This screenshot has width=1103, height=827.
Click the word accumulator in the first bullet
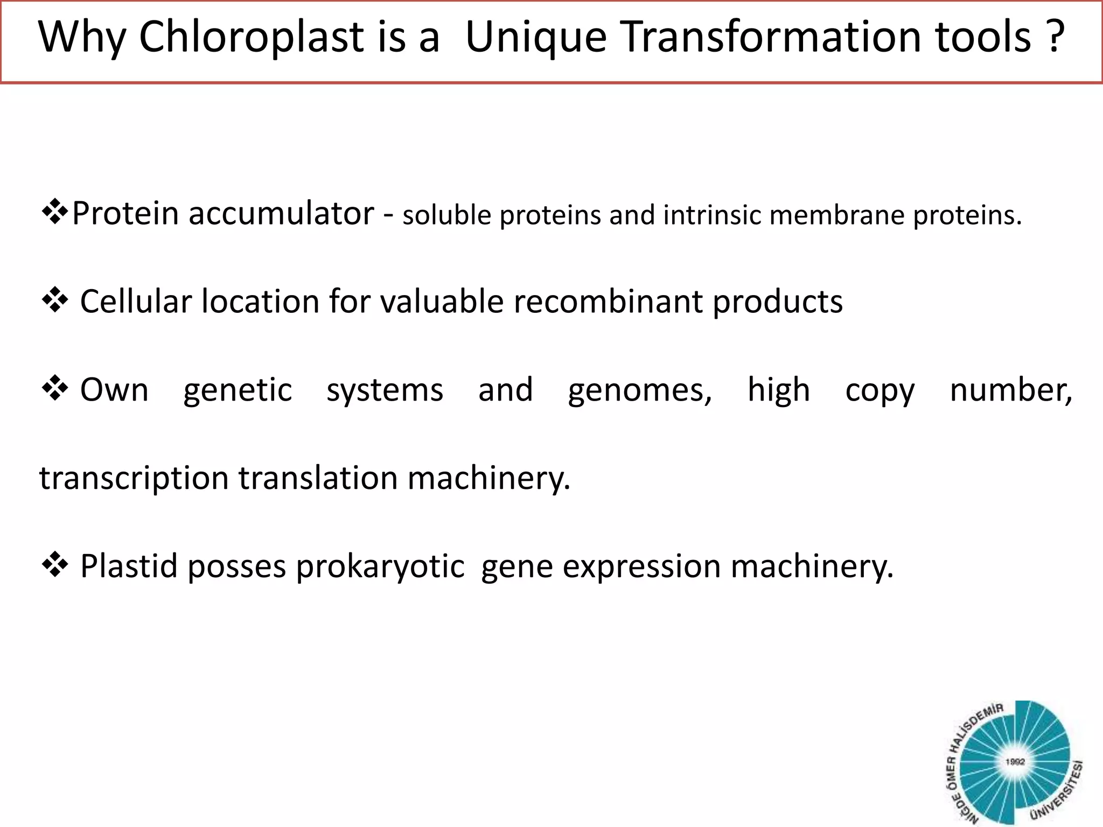[x=281, y=213]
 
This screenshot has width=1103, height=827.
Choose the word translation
[x=318, y=479]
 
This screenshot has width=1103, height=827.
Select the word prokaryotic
[x=380, y=567]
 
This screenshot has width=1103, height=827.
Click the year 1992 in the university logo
[x=1015, y=762]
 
